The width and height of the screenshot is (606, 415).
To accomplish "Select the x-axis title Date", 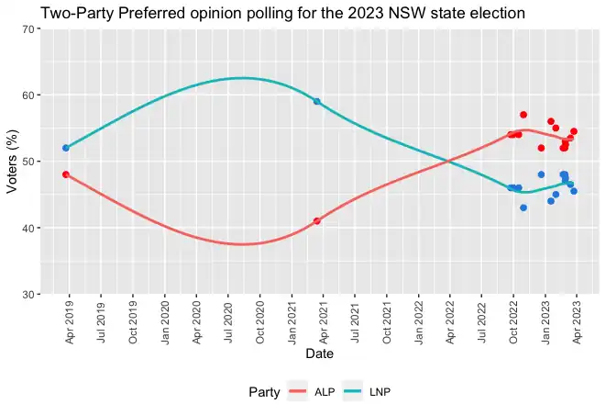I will (x=319, y=353).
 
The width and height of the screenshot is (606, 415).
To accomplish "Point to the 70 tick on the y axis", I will (x=28, y=29).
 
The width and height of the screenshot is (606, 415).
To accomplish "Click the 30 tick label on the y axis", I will (x=28, y=295).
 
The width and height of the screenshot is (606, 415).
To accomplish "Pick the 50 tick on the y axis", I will (x=28, y=162).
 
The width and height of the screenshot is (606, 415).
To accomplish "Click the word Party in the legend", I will (x=264, y=392).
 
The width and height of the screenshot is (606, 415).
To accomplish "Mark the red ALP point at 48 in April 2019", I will (x=66, y=174).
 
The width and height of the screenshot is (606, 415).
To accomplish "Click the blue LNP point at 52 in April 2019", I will (x=66, y=148).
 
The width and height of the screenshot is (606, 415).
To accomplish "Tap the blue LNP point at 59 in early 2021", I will (x=317, y=101).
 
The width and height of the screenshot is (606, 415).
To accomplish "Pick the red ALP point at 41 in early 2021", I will (x=317, y=221).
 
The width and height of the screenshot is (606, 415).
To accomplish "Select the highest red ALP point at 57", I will (x=523, y=115).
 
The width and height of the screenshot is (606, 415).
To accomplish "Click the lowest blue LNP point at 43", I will (x=523, y=207).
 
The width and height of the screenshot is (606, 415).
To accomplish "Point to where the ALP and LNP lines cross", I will (x=449, y=162).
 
